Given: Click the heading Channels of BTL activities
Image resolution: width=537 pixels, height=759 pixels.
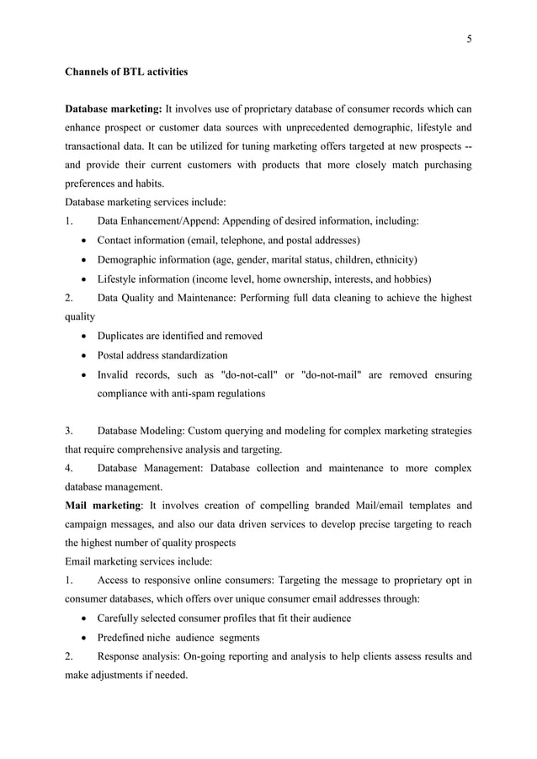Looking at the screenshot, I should pos(126,72).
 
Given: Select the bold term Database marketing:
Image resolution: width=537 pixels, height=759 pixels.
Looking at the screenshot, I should pos(114,109).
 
